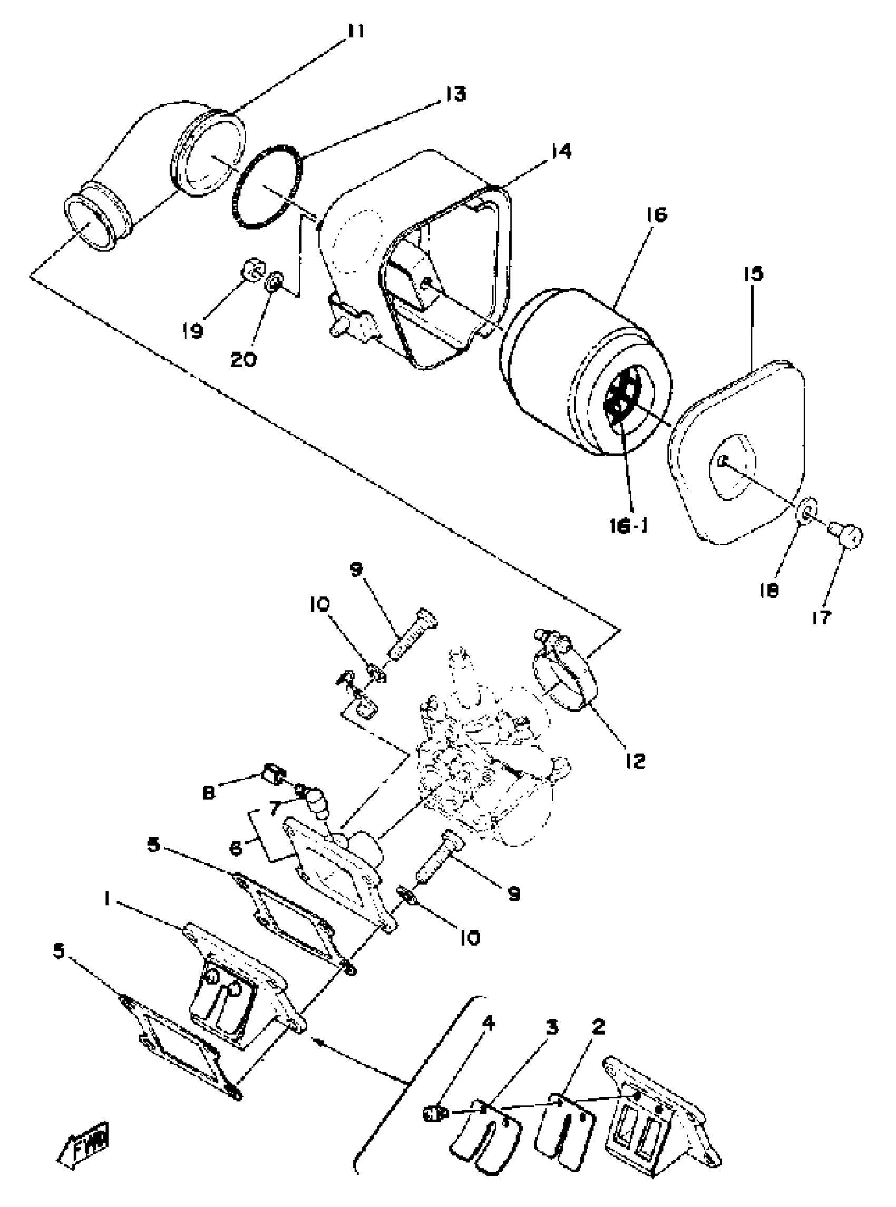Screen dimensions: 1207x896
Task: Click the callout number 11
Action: click(356, 32)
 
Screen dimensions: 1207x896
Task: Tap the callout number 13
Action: click(456, 94)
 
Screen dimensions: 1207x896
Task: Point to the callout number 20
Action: click(243, 359)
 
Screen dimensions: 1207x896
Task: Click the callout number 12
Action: click(635, 760)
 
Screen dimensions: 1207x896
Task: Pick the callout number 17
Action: click(822, 617)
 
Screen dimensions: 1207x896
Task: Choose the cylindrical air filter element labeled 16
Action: click(586, 374)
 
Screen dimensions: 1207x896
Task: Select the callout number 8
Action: click(208, 792)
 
